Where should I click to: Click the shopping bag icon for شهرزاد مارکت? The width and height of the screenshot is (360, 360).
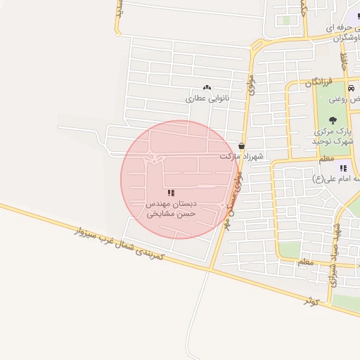(x=242, y=146)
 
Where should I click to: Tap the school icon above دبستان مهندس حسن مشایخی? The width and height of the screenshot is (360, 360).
(x=171, y=193)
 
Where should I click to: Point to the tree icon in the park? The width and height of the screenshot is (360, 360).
(x=333, y=120)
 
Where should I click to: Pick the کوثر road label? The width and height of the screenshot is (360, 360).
(x=311, y=302)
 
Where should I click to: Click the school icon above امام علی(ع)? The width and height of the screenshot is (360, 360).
(x=343, y=168)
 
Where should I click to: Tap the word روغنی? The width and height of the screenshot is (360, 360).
(x=349, y=100)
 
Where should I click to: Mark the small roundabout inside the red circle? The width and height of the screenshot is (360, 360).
(x=154, y=160)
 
